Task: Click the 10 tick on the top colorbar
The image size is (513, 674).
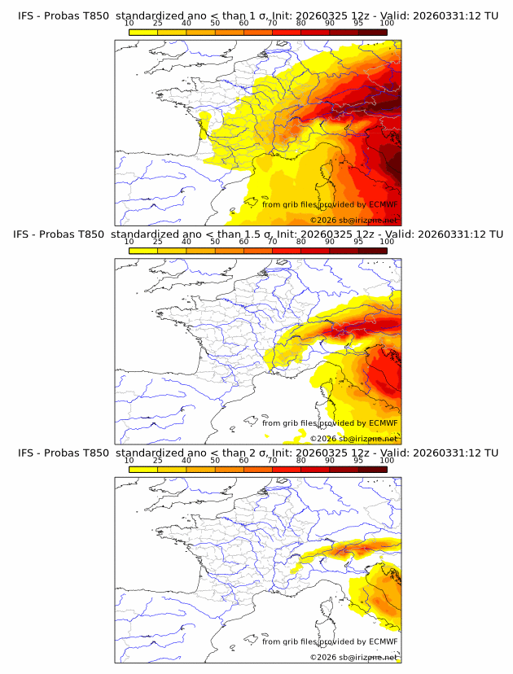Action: point(129,24)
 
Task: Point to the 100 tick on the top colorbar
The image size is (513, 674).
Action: point(387,24)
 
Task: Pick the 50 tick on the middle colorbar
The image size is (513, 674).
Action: point(215,243)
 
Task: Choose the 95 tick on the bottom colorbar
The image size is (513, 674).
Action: point(358,461)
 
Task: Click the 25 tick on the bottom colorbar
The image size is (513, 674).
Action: point(158,461)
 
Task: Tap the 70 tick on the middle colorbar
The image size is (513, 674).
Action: point(272,243)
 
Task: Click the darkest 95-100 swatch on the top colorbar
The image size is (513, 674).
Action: point(372,32)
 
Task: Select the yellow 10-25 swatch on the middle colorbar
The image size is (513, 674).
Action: point(143,251)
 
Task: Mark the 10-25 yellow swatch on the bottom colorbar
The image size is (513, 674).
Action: point(143,469)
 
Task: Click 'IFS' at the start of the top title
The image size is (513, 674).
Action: point(26,15)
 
